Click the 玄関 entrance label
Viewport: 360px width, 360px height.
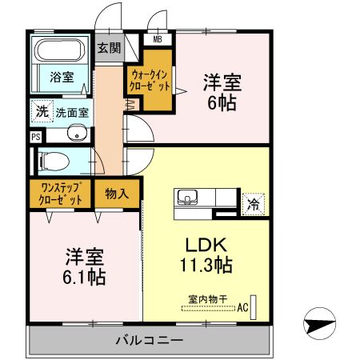point(109,48)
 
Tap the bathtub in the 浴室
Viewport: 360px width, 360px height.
point(61,50)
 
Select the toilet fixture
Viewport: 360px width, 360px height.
point(54,161)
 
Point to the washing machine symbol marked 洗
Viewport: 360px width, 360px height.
point(42,111)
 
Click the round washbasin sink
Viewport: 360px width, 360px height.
point(77,132)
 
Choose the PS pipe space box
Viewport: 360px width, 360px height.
point(36,137)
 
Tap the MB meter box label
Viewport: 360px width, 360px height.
point(158,40)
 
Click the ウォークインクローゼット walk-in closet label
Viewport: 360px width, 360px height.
point(150,80)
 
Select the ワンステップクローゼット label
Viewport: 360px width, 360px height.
point(60,194)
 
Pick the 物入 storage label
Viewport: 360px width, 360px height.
point(117,194)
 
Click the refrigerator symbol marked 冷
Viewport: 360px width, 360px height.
point(253,204)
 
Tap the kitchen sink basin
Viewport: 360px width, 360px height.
point(187,197)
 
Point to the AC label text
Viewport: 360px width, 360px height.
point(242,307)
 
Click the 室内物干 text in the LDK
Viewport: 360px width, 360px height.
point(208,299)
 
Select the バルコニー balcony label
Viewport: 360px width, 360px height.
point(150,340)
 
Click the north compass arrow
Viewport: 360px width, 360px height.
point(319,323)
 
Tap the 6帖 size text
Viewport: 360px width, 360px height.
point(222,102)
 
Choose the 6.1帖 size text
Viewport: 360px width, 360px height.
point(84,277)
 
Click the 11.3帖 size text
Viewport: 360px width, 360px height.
point(206,265)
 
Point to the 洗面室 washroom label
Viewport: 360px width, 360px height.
point(72,113)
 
